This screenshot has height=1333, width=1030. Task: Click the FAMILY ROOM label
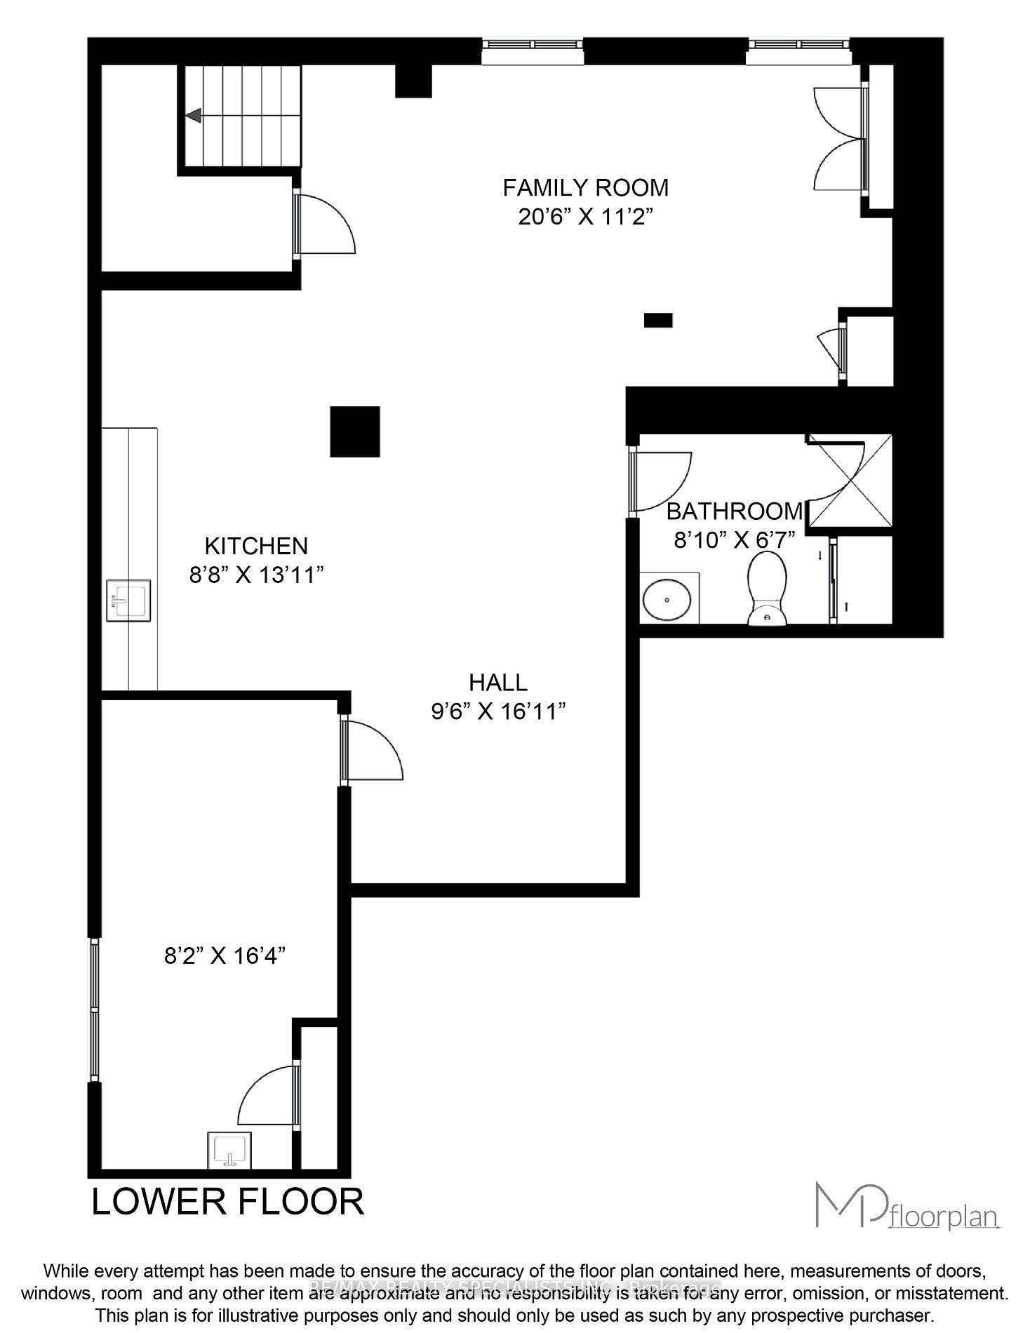(x=585, y=188)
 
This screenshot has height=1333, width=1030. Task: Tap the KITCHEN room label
(x=256, y=546)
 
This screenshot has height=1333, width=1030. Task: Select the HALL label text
(x=497, y=682)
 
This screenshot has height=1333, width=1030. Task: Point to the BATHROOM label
(x=734, y=511)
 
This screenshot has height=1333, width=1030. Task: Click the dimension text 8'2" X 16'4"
(x=225, y=956)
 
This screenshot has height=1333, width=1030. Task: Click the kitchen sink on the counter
(x=128, y=600)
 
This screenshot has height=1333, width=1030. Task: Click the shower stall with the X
(x=851, y=481)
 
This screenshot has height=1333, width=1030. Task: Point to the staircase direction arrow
(x=194, y=116)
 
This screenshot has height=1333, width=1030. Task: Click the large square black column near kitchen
(x=355, y=431)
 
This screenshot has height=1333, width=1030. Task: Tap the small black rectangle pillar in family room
(x=658, y=321)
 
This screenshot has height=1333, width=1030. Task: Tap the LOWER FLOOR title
(x=228, y=1202)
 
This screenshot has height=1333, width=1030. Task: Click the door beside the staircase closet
(x=325, y=225)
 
